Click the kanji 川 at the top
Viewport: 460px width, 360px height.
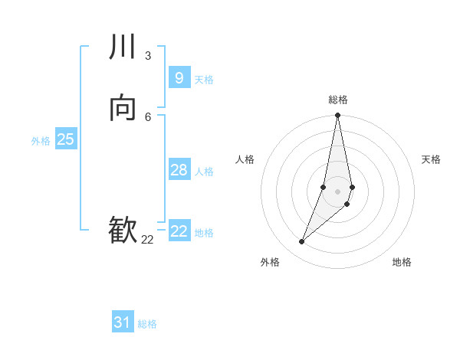point(123,47)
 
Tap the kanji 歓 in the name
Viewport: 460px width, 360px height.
point(123,231)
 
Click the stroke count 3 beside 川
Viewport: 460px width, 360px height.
point(148,55)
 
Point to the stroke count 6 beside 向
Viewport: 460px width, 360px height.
point(148,116)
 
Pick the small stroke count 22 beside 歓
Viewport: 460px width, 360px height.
point(147,239)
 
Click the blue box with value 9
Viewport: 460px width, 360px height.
point(179,77)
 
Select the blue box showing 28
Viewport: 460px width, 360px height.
point(179,169)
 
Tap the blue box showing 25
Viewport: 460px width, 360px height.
point(65,139)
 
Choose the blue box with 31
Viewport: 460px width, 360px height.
point(123,322)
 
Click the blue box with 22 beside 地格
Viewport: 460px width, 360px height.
point(179,231)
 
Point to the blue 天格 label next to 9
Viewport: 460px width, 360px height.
point(204,80)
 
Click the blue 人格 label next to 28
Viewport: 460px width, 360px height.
point(204,172)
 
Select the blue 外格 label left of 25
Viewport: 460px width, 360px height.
point(41,141)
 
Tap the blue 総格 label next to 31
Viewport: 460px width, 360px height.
point(147,324)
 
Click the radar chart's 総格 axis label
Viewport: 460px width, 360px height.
point(338,100)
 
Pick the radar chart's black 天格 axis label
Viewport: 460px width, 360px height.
point(431,159)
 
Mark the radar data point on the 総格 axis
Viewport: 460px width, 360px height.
point(337,116)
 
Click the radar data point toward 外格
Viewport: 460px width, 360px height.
point(302,242)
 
